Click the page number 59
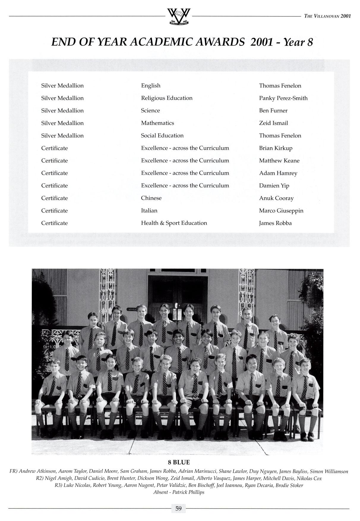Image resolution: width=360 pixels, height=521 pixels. [x=179, y=509]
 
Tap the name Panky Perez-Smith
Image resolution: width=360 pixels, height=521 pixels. [x=283, y=98]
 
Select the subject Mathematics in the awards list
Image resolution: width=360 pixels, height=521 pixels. [x=157, y=123]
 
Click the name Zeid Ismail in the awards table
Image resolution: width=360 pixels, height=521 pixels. [x=273, y=123]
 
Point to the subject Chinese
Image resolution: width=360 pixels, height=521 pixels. [x=151, y=198]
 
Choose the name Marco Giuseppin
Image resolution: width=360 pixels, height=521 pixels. [x=281, y=211]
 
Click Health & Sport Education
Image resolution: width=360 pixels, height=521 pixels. [x=174, y=223]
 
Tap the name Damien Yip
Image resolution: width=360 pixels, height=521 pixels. [x=274, y=186]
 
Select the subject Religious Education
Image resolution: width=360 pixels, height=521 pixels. [x=167, y=98]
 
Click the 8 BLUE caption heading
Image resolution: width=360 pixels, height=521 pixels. [x=179, y=462]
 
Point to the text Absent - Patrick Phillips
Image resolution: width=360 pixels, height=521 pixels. [x=179, y=492]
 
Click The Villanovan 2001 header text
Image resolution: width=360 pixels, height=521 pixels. [x=327, y=16]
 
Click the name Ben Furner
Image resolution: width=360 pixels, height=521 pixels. [x=273, y=110]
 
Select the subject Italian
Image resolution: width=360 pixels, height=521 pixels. [x=149, y=211]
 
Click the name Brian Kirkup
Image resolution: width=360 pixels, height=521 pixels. [x=276, y=148]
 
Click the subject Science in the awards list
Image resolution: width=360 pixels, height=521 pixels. [x=150, y=110]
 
